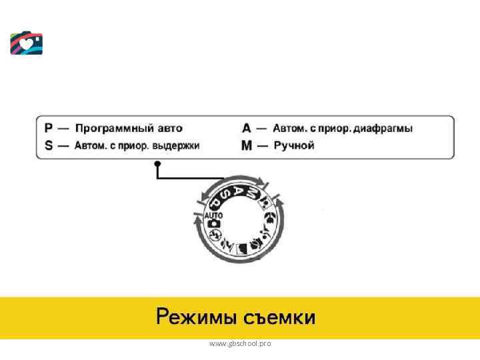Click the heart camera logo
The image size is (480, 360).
click(27, 43)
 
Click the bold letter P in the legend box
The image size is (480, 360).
click(49, 128)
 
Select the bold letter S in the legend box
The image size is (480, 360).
click(49, 145)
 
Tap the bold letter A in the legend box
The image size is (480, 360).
click(247, 128)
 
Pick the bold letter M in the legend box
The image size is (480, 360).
click(247, 145)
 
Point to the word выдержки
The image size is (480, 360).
click(176, 145)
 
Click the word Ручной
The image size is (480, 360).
click(294, 145)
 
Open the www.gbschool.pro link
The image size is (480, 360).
click(240, 343)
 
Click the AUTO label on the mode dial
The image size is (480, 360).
click(214, 216)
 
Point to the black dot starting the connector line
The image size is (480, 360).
click(157, 163)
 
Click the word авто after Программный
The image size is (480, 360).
click(167, 128)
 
